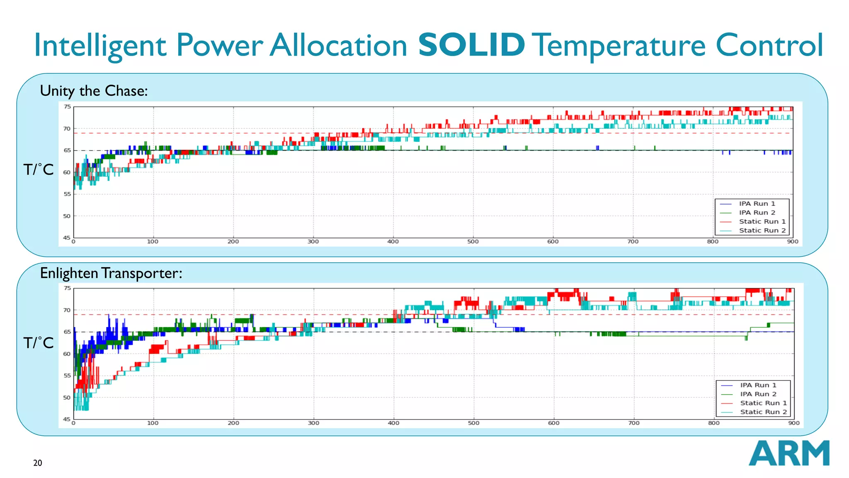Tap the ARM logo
coord(788,453)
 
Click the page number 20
coord(37,463)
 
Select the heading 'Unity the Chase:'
coord(94,90)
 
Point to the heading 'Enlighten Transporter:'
coord(111,273)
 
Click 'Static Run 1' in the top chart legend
coord(762,222)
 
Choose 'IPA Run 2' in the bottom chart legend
coord(758,394)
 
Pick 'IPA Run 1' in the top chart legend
coord(757,204)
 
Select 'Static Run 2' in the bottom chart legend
coord(763,412)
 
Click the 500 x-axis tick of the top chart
coord(473,241)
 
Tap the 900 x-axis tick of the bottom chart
coord(793,423)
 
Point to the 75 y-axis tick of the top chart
coord(67,107)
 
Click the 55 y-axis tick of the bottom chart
coord(67,376)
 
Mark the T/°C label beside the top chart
coord(38,169)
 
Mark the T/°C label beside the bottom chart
coord(38,343)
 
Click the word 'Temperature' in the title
coord(620,46)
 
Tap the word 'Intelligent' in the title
coord(100,46)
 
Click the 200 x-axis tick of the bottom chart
coord(233,423)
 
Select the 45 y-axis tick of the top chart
coord(67,238)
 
